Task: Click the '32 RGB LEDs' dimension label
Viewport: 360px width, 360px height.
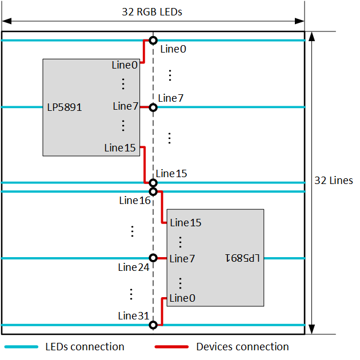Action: [152, 11]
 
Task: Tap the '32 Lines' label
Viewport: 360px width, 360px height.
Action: [334, 181]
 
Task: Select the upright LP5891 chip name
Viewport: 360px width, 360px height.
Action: [65, 107]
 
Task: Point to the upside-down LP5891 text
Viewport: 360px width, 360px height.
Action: [242, 258]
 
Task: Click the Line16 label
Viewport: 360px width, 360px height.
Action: [135, 201]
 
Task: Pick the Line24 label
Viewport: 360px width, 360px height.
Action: [135, 267]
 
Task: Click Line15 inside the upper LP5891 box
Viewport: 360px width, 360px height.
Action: [120, 148]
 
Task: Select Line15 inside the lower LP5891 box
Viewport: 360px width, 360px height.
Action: [186, 222]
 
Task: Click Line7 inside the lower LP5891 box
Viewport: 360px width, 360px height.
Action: [182, 259]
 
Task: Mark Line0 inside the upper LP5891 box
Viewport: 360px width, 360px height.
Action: [125, 65]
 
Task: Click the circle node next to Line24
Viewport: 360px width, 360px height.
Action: [153, 258]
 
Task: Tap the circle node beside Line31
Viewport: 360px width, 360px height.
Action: [153, 325]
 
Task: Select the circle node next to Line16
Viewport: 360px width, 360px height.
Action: [153, 191]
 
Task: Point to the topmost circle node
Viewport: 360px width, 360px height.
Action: [153, 40]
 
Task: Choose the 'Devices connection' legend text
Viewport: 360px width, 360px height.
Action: [242, 347]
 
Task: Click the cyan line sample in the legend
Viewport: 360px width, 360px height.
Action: [22, 347]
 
